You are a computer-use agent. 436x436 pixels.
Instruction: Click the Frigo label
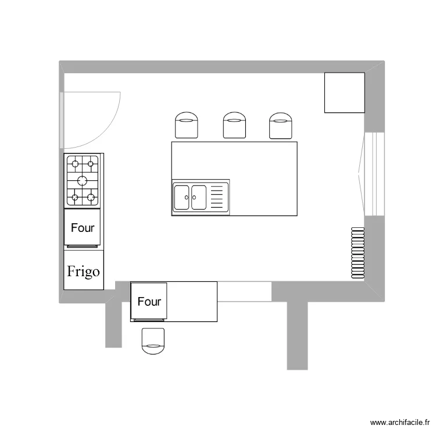point(83,271)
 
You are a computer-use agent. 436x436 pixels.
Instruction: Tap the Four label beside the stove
point(83,228)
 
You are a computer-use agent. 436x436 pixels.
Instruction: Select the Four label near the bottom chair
point(149,302)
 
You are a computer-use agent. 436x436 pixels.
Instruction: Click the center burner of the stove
point(83,180)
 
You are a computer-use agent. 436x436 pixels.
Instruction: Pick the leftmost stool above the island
point(187,126)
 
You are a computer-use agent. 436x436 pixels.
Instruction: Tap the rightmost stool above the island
point(281,126)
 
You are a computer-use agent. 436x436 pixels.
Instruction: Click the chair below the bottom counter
point(153,341)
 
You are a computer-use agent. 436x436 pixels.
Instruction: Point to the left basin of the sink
point(183,197)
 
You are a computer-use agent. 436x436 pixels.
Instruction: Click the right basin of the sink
point(199,197)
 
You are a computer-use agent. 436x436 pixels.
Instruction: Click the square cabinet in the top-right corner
point(344,92)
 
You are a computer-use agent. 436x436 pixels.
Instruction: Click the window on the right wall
point(374,174)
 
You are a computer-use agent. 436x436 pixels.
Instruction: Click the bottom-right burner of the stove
point(91,198)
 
